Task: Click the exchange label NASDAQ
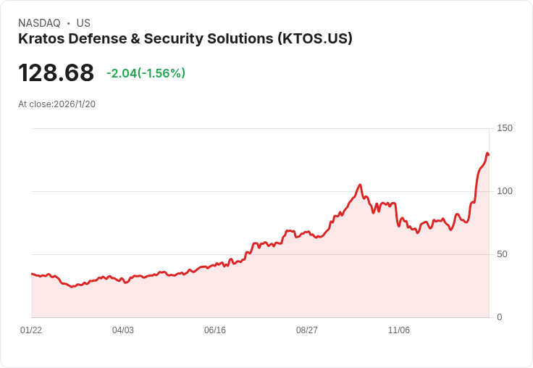[39, 23]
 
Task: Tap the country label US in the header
[83, 23]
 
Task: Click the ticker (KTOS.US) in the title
[315, 39]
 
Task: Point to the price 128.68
[56, 73]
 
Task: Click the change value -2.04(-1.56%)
[146, 73]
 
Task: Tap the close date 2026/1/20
[75, 104]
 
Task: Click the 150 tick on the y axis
[505, 128]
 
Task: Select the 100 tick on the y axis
[505, 191]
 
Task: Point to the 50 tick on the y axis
[503, 254]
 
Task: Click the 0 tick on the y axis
[500, 317]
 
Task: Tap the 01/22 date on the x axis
[31, 330]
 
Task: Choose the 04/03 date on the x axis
[123, 330]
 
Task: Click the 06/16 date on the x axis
[215, 330]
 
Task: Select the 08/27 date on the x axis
[307, 330]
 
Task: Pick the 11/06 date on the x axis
[399, 330]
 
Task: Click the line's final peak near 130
[487, 154]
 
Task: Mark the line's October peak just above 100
[360, 185]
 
